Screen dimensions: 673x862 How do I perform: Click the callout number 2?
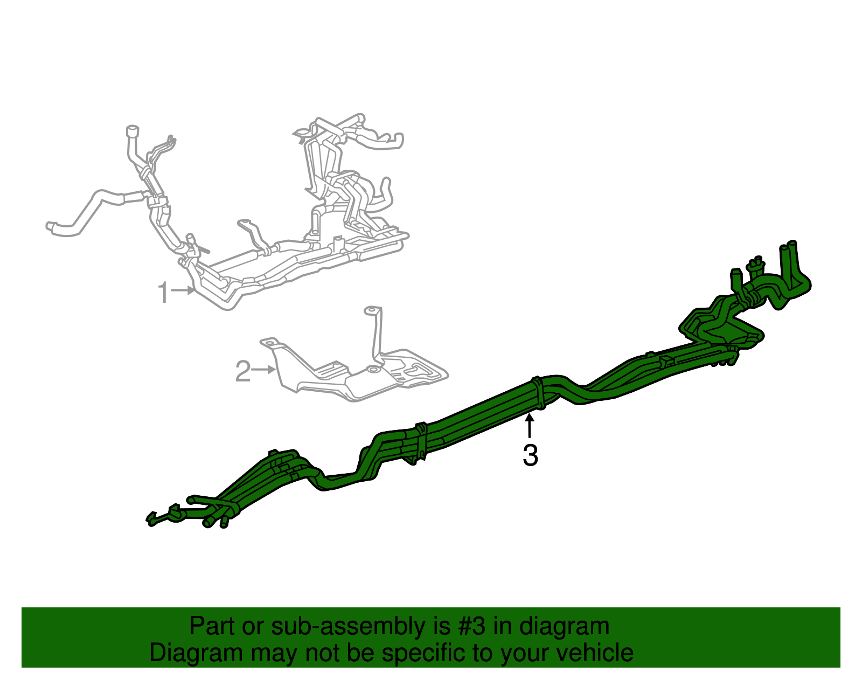(243, 371)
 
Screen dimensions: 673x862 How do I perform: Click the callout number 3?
(530, 456)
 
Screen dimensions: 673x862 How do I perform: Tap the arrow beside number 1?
(184, 290)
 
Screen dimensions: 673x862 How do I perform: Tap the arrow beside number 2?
(264, 370)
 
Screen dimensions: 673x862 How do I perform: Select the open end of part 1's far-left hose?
(51, 226)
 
